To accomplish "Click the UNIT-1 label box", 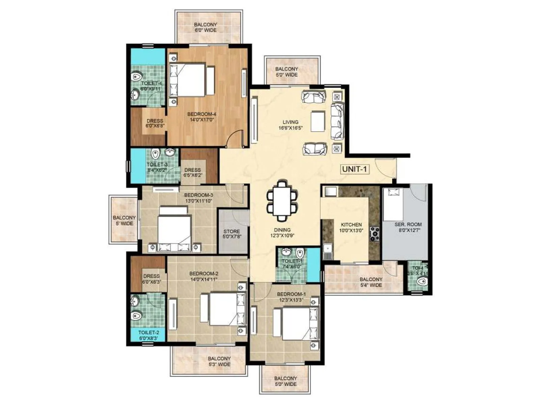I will pos(354,169).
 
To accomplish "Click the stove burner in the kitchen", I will pos(375,234).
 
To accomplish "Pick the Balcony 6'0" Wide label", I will pos(206,27).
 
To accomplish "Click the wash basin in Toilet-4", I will pos(136,95).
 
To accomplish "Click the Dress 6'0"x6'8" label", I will pos(155,123).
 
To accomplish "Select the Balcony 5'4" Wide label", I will pos(371,282).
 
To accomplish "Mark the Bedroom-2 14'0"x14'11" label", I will pos(204,276).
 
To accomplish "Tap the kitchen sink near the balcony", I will pos(327,251).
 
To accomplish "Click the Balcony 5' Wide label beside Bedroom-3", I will pos(124,220).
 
